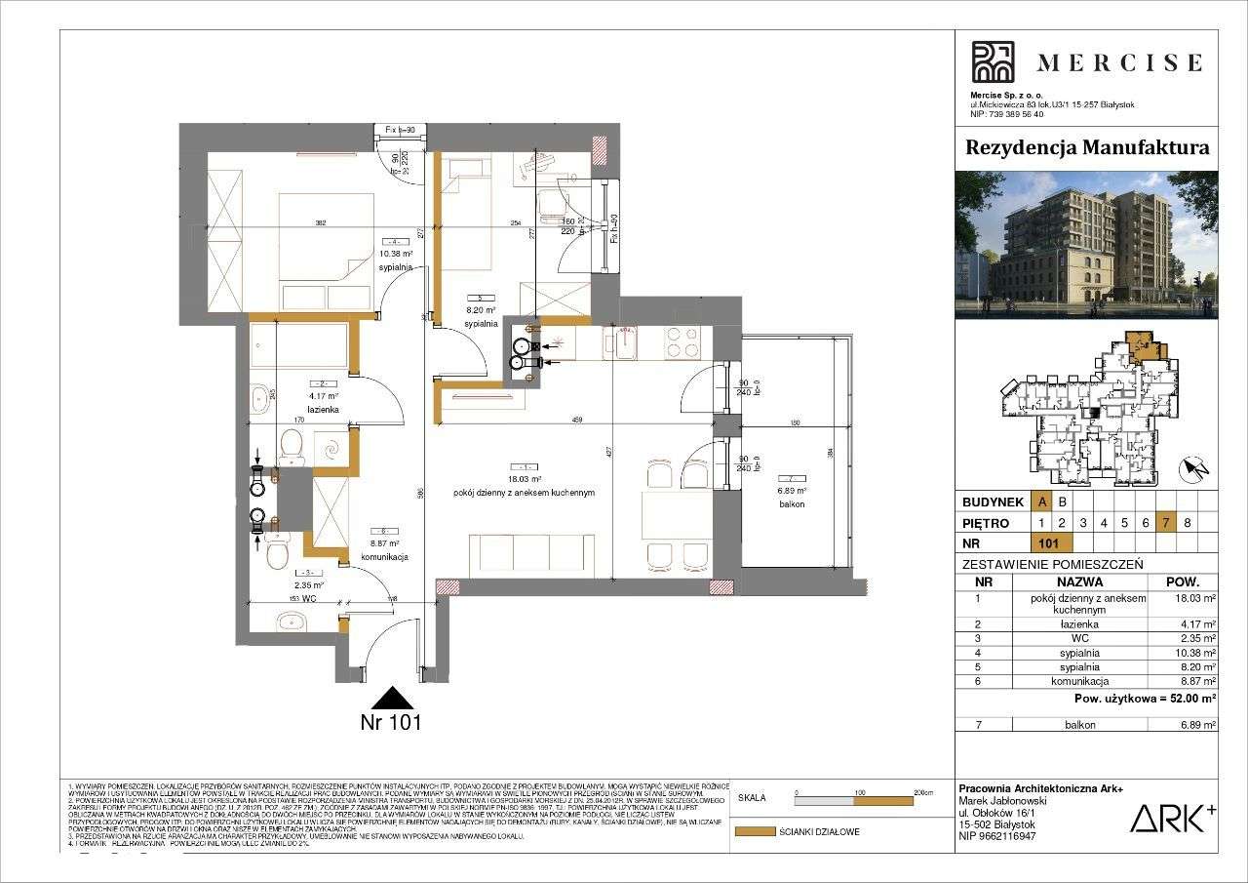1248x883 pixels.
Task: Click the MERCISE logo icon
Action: pyautogui.click(x=993, y=62)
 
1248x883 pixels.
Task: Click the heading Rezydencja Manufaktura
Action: pyautogui.click(x=1086, y=147)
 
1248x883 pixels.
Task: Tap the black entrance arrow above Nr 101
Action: pyautogui.click(x=392, y=698)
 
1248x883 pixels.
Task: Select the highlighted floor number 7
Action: pyautogui.click(x=1165, y=522)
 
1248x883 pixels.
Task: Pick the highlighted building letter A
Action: pyautogui.click(x=1042, y=502)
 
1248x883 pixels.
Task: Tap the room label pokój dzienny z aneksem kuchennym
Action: pyautogui.click(x=524, y=493)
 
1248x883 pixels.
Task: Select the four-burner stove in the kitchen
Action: pyautogui.click(x=680, y=341)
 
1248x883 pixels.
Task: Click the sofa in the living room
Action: pyautogui.click(x=531, y=555)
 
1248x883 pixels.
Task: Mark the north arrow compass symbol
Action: pyautogui.click(x=1194, y=470)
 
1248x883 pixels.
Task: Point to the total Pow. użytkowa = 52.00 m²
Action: pyautogui.click(x=1144, y=699)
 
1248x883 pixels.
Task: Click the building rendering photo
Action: pyautogui.click(x=1086, y=245)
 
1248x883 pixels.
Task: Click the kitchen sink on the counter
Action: pyautogui.click(x=619, y=342)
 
